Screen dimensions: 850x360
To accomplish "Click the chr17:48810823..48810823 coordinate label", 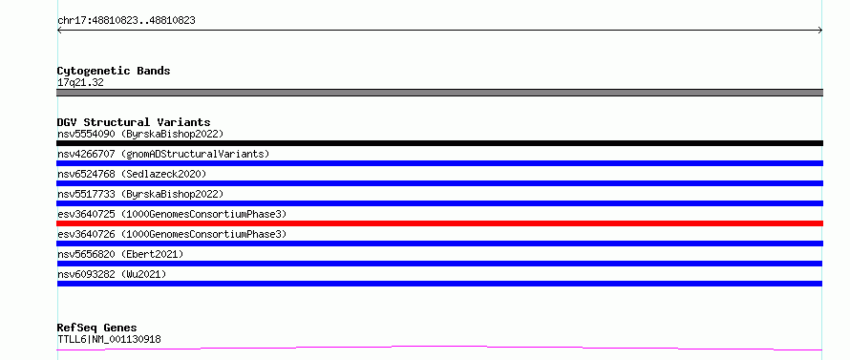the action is [x=126, y=21].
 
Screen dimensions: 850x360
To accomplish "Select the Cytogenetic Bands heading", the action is [x=114, y=71].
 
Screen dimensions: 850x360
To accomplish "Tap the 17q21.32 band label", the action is [x=80, y=83].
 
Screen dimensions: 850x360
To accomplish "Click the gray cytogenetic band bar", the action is [x=439, y=93].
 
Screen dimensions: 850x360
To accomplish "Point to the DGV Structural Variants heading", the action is [x=134, y=122].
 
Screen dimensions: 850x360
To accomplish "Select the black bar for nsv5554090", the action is [x=439, y=143].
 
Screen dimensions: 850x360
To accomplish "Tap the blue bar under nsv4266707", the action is [x=439, y=163].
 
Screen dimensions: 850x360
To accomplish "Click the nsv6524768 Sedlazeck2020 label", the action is [x=132, y=174].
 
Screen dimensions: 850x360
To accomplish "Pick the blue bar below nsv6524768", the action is [x=439, y=183].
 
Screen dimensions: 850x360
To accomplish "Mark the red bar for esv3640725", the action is [x=439, y=223].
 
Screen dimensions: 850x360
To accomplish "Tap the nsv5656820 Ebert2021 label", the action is [x=120, y=254].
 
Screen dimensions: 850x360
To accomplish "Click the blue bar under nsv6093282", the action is [x=439, y=284].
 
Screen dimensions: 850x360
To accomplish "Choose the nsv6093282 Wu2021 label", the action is [x=112, y=274].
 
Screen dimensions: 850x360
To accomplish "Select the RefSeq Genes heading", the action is [x=96, y=328].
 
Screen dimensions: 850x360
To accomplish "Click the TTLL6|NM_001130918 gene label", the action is [x=109, y=340].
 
